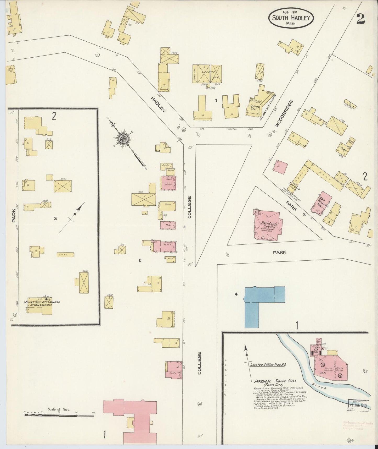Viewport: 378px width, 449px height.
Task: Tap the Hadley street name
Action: tap(159, 104)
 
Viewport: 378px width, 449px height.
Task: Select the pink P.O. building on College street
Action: tap(168, 226)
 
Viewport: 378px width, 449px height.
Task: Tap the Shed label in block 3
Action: tap(65, 254)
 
